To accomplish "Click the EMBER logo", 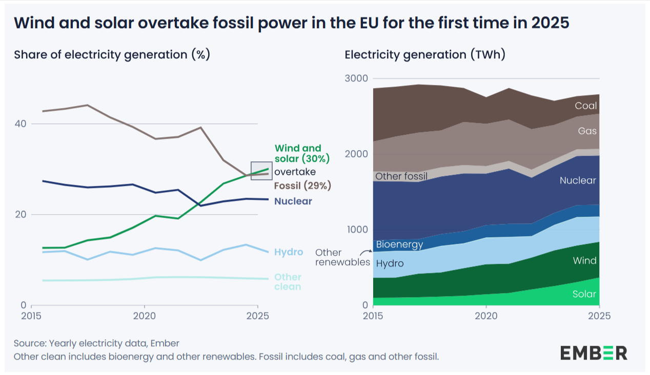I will click(x=593, y=352).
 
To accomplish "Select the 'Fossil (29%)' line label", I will click(x=302, y=185).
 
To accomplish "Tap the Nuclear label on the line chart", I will click(x=293, y=201).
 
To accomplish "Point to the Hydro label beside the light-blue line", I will click(x=289, y=252).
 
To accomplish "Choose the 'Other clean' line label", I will click(x=288, y=282).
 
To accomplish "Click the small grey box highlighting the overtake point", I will click(x=261, y=170).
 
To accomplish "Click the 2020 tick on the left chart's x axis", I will click(x=144, y=316).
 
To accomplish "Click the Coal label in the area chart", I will click(x=585, y=106).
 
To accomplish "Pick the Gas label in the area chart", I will click(x=587, y=131).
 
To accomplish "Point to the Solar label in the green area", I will click(x=584, y=294).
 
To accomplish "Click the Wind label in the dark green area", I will click(x=585, y=261).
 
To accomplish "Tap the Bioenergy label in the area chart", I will click(x=399, y=244).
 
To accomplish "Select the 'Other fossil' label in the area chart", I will click(x=401, y=177).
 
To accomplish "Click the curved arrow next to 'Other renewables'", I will click(x=366, y=252).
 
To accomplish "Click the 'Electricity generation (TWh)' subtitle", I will click(x=425, y=55).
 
